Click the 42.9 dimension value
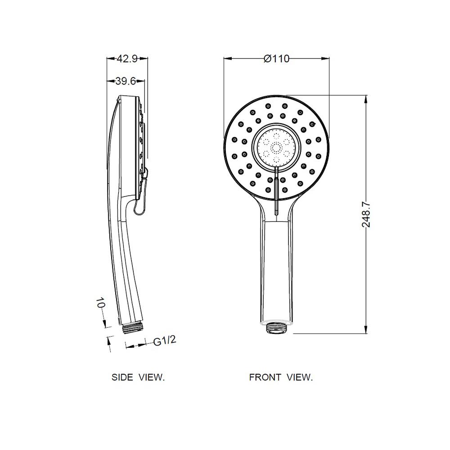pos(127,59)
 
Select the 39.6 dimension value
pos(126,81)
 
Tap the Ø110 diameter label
pos(277,59)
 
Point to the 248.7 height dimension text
pos(366,214)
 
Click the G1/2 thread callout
pos(164,341)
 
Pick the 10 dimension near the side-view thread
pos(100,303)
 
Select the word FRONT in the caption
pos(265,377)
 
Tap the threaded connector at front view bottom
pos(277,328)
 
